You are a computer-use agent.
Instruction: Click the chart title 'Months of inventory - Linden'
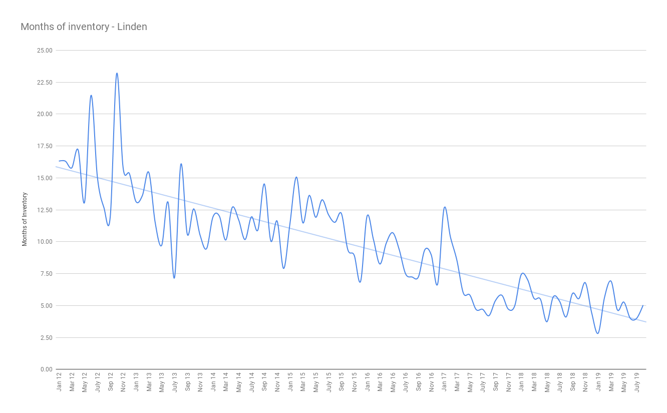coord(84,27)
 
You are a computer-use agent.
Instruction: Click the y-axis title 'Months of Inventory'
coord(25,219)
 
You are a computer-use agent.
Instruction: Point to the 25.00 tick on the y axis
coord(46,51)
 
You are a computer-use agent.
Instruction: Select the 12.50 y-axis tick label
coord(46,210)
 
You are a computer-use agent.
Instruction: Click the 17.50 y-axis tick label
coord(46,146)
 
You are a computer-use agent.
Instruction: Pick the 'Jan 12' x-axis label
coord(59,381)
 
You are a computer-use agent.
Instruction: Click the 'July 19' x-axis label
coord(637,382)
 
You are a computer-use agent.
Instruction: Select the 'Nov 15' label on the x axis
coord(355,381)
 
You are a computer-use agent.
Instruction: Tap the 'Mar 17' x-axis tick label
coord(457,381)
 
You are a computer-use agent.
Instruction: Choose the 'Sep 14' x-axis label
coord(264,381)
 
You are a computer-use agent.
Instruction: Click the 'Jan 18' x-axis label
coord(521,381)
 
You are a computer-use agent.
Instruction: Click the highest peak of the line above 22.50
coord(117,73)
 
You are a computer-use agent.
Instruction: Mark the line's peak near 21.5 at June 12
coord(91,95)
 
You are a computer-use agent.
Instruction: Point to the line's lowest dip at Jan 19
coord(598,333)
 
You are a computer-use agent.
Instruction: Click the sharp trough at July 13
coord(174,278)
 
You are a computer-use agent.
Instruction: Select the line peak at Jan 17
coord(445,207)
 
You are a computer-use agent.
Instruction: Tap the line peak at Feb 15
coord(296,177)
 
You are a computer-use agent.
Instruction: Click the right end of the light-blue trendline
coord(646,322)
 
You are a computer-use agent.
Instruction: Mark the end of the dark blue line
coord(643,305)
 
